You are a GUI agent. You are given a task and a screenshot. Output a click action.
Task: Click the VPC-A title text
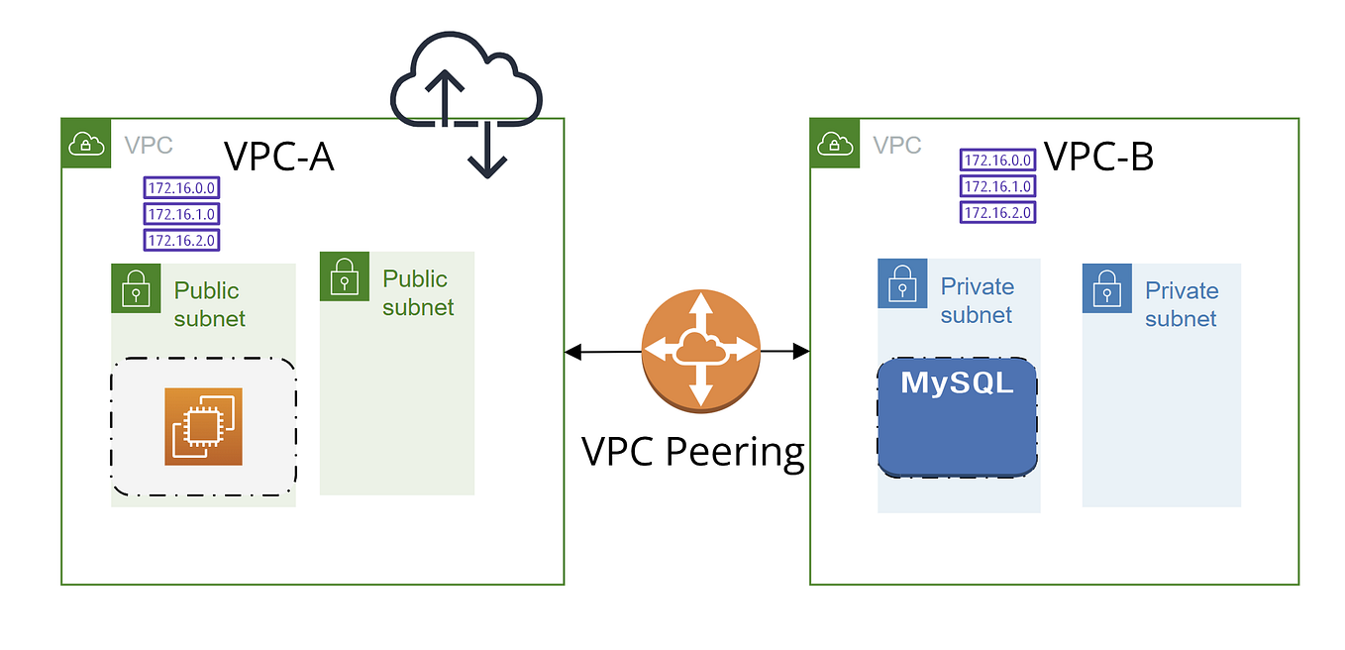pos(278,157)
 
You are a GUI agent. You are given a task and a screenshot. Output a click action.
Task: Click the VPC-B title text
pos(1098,156)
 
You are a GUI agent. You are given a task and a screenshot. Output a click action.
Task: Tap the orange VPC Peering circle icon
pos(701,350)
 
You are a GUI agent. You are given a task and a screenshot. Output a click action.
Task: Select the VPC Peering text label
pos(692,451)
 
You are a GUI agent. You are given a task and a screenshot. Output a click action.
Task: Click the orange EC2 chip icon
pos(203,426)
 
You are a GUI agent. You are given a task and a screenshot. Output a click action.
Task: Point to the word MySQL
pos(957,382)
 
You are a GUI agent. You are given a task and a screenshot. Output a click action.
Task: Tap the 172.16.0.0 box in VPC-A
pos(181,188)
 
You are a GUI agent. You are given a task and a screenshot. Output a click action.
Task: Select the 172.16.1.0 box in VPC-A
pos(181,214)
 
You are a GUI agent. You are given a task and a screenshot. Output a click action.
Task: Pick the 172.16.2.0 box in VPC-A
pos(181,240)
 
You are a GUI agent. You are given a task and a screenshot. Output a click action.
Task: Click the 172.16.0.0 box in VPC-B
pos(997,161)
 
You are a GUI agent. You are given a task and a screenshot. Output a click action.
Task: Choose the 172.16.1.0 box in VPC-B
pos(997,186)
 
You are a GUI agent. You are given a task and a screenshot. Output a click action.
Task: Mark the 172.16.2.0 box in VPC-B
pos(997,212)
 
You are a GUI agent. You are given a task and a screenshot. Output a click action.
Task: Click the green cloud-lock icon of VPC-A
pos(87,145)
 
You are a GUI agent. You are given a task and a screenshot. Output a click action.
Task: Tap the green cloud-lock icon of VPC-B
pos(836,145)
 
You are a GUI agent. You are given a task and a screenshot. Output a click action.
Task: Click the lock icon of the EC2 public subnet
pos(136,288)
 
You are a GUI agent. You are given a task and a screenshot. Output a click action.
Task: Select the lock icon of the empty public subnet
pos(345,276)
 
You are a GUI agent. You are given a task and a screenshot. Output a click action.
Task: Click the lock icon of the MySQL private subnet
pos(902,284)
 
